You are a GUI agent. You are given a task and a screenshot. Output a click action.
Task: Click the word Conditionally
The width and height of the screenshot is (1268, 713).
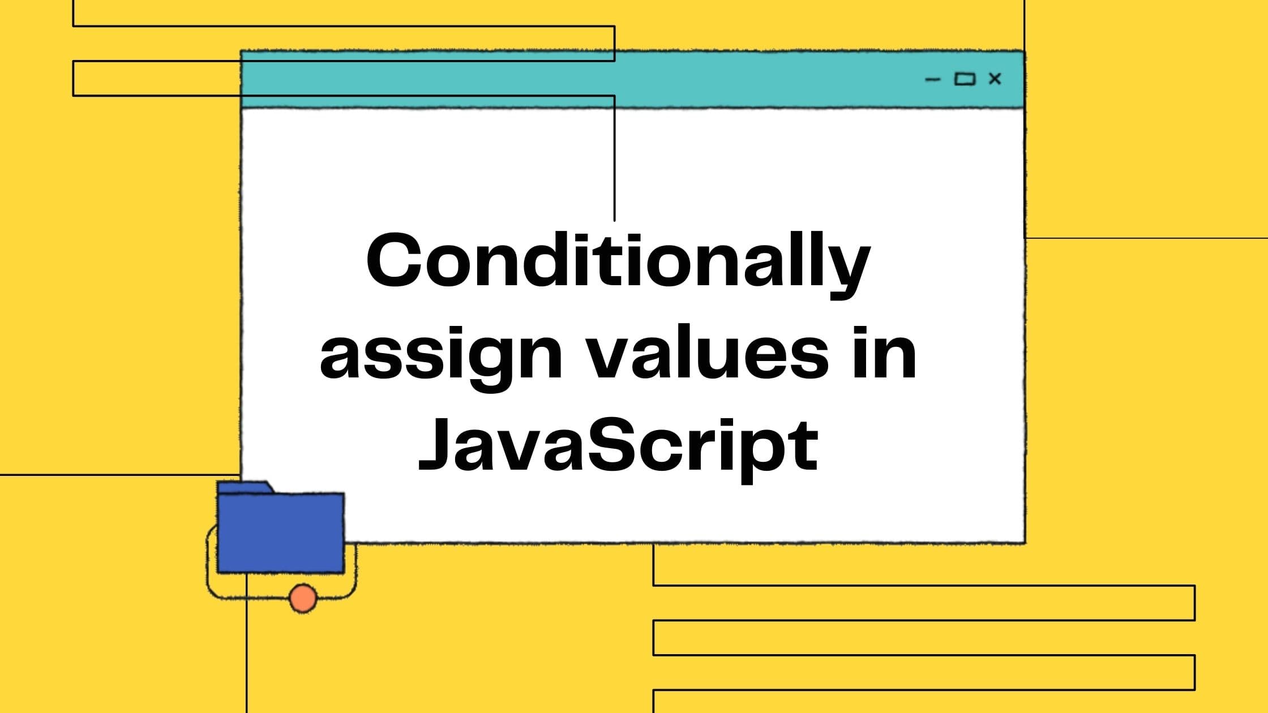coord(618,263)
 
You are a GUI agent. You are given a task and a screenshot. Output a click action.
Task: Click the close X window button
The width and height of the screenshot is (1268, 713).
coord(995,79)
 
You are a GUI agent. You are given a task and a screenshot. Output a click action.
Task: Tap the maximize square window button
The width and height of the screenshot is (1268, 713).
coord(965,79)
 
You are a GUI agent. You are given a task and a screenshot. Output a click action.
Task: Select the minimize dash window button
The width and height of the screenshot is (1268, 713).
coord(932,80)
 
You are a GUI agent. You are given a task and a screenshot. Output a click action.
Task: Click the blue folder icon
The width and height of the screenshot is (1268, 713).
coord(281,532)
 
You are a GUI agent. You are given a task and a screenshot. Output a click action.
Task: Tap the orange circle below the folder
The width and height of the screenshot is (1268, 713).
coord(303,598)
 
